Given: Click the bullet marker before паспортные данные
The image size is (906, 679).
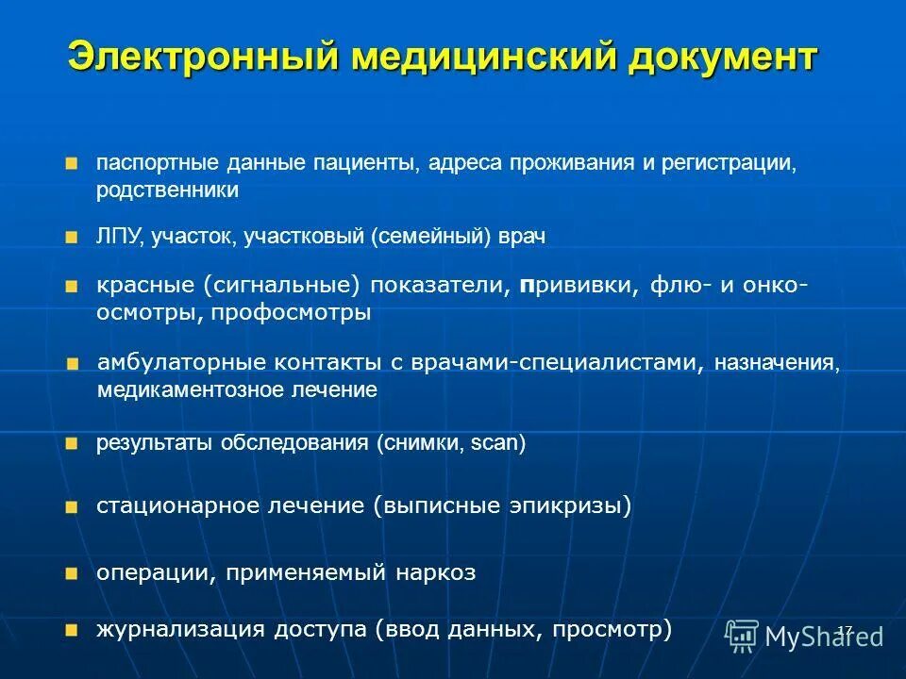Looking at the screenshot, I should tap(73, 164).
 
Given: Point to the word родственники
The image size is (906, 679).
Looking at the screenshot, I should tap(167, 190).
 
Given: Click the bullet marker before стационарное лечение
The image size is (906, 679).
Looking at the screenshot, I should tap(73, 507).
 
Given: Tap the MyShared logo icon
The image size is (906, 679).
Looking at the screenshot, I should tap(743, 636).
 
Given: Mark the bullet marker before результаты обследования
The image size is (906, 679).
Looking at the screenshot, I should tap(73, 443).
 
